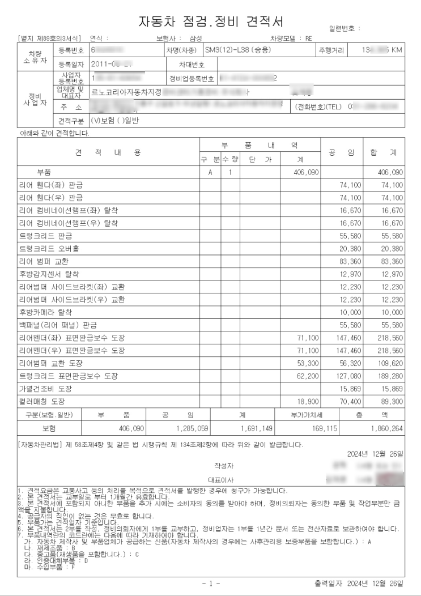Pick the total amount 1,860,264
(x=386, y=429)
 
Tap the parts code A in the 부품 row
(x=210, y=171)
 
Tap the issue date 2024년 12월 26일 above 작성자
(x=376, y=454)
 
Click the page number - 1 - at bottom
(x=211, y=583)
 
